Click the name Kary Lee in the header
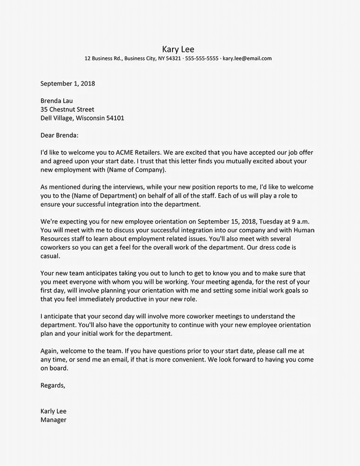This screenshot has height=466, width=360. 180,49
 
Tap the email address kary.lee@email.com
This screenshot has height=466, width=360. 247,58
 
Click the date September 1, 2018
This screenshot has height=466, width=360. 67,84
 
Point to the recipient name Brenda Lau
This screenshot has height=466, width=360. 56,101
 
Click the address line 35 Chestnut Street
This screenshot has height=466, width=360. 67,109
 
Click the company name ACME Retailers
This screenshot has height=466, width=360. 140,153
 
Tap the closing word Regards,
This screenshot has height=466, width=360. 53,385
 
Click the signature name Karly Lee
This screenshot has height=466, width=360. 54,411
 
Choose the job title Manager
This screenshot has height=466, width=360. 54,420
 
